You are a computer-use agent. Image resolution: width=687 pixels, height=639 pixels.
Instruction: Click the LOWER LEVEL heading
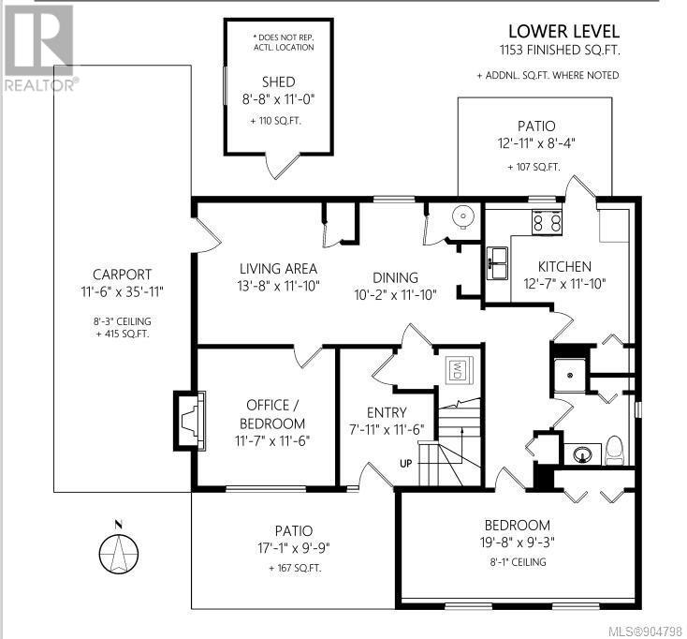coord(563,31)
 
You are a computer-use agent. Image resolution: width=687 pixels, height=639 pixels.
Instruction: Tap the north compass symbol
coord(118,549)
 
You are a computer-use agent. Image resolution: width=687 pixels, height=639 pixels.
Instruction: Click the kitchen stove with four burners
coord(547,221)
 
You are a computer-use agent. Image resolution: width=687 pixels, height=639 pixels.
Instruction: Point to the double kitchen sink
coord(497,262)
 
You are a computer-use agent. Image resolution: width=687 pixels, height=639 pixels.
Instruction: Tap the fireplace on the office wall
coord(190,421)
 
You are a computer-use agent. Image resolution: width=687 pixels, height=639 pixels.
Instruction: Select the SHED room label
coord(278,82)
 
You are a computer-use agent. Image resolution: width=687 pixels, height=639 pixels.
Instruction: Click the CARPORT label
coord(122,275)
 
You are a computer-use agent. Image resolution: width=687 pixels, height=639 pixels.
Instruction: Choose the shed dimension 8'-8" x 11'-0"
coord(279,99)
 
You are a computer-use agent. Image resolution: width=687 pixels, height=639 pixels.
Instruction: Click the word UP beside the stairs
coord(405,463)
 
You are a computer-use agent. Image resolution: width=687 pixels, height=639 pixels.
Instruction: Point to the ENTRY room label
coord(387,412)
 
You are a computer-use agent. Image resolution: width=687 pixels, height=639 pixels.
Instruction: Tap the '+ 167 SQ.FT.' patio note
coord(295,568)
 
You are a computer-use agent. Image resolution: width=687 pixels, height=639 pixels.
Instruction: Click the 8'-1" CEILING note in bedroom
coord(518,562)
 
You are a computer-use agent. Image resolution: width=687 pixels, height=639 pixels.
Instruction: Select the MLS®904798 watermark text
coord(646,632)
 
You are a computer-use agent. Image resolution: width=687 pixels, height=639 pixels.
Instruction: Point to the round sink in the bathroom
coord(582,453)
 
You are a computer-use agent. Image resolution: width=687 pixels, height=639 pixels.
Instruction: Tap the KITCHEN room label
coord(564,266)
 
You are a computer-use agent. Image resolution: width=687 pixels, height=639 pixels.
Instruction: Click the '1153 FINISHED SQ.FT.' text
coord(560,50)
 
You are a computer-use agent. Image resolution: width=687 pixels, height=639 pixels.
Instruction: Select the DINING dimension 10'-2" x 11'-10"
coord(395,295)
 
